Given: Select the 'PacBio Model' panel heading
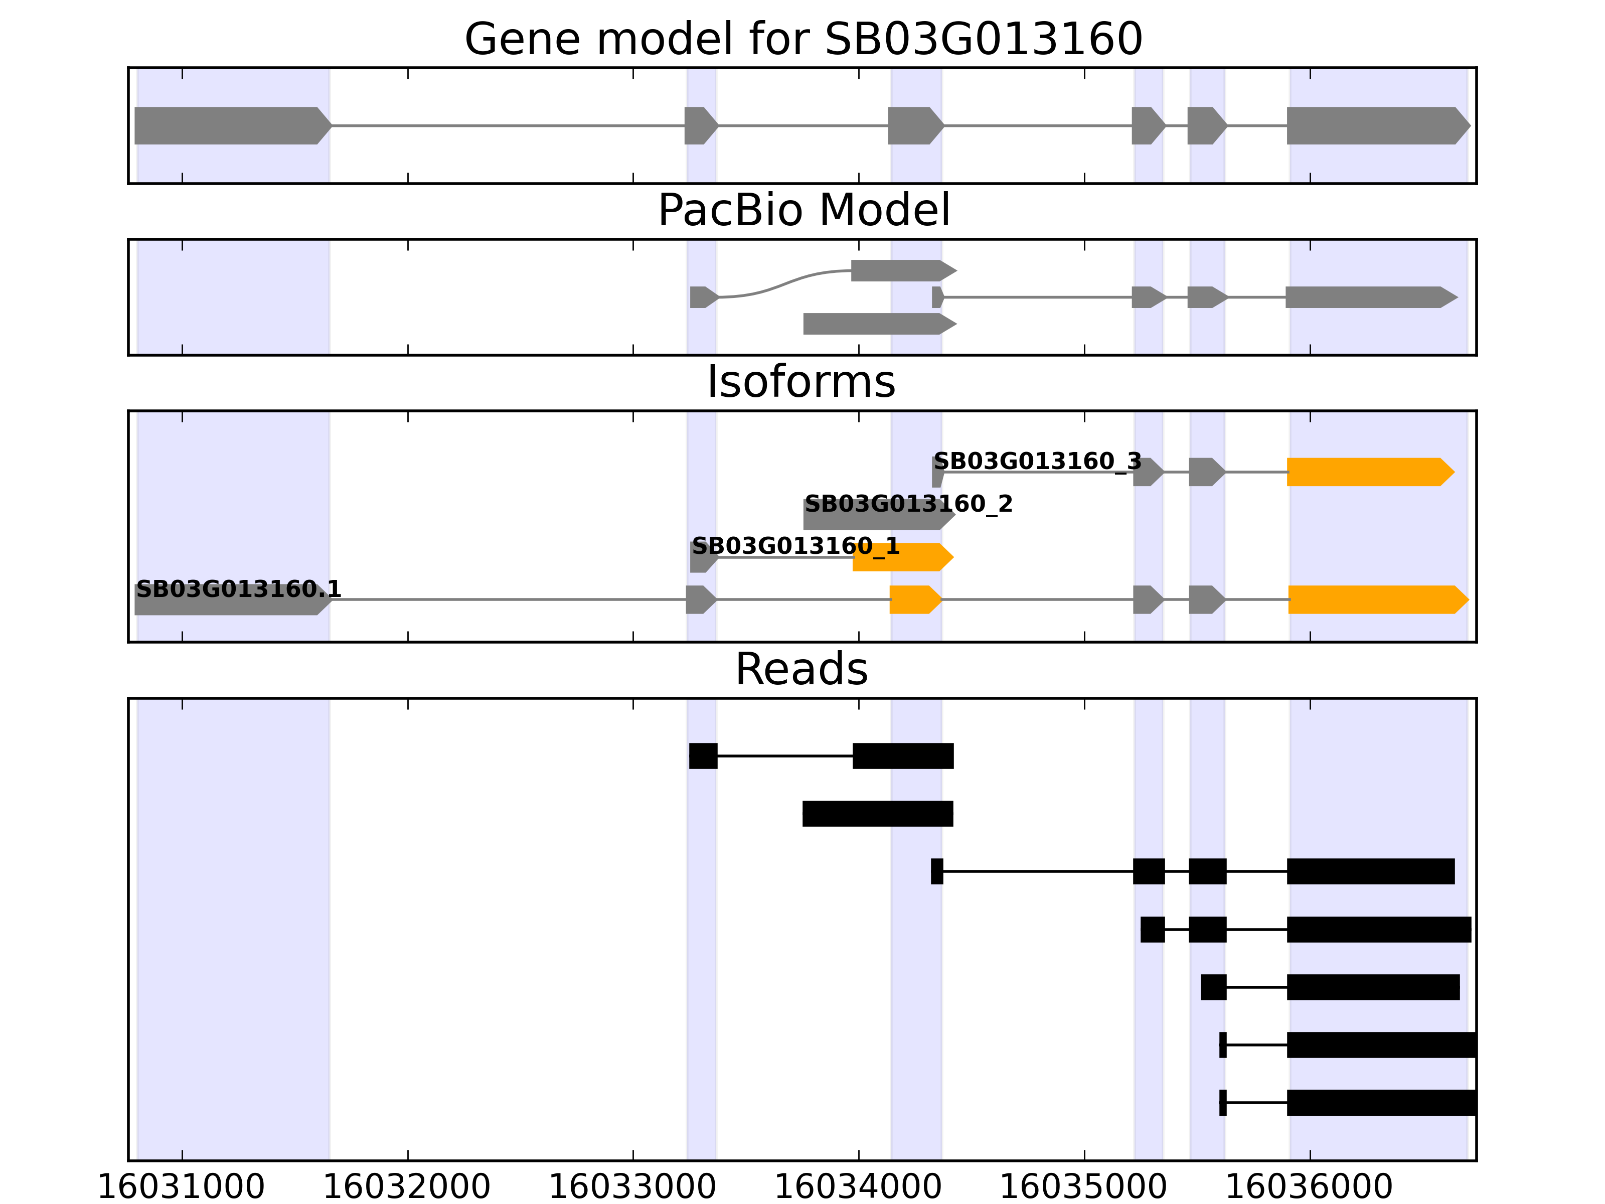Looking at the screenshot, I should [x=803, y=211].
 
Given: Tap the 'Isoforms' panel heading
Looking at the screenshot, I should [x=801, y=382].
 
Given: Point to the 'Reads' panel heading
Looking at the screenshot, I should [x=801, y=669].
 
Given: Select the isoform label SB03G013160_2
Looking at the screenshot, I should [x=908, y=504].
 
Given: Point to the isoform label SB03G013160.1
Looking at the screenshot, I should [x=238, y=589].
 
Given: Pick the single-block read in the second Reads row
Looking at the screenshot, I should [x=877, y=814].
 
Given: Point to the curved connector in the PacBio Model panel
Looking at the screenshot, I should [x=783, y=283].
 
